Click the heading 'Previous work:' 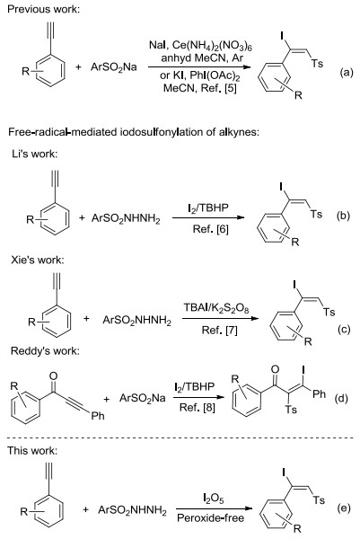pyautogui.click(x=43, y=9)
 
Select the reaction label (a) pyautogui.click(x=346, y=72)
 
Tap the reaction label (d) pyautogui.click(x=341, y=398)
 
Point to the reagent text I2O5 pyautogui.click(x=213, y=498)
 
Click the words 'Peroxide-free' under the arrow pyautogui.click(x=211, y=518)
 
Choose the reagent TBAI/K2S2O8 pyautogui.click(x=216, y=308)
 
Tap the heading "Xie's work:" pyautogui.click(x=38, y=260)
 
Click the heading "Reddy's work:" pyautogui.click(x=45, y=351)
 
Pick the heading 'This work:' pyautogui.click(x=32, y=451)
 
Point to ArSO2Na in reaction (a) pyautogui.click(x=114, y=67)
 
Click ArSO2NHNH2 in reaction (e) pyautogui.click(x=132, y=510)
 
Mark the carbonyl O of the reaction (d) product pyautogui.click(x=275, y=369)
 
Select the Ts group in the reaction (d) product pyautogui.click(x=291, y=410)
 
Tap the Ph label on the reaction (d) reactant pyautogui.click(x=98, y=416)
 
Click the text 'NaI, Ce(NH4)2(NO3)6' pyautogui.click(x=200, y=46)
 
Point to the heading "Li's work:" pyautogui.click(x=34, y=154)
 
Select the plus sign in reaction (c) pyautogui.click(x=86, y=318)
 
